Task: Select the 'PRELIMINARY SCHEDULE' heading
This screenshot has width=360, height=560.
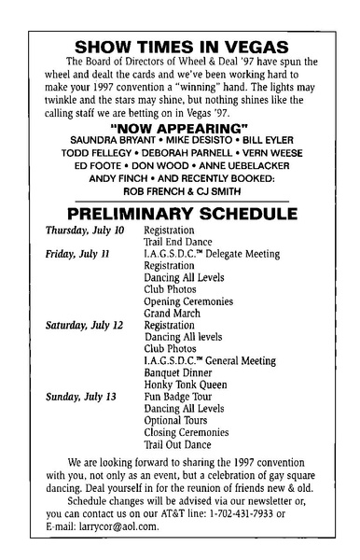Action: point(179,214)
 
